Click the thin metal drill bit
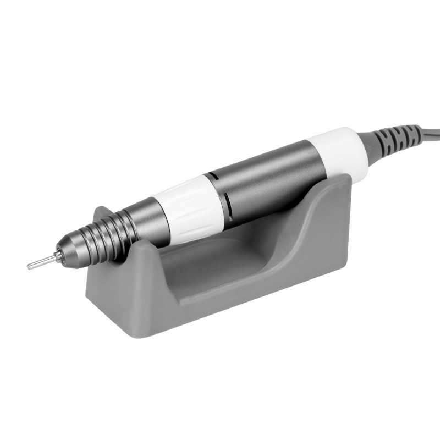pyautogui.click(x=43, y=262)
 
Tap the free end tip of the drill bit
pyautogui.click(x=29, y=267)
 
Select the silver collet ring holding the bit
pyautogui.click(x=58, y=257)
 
